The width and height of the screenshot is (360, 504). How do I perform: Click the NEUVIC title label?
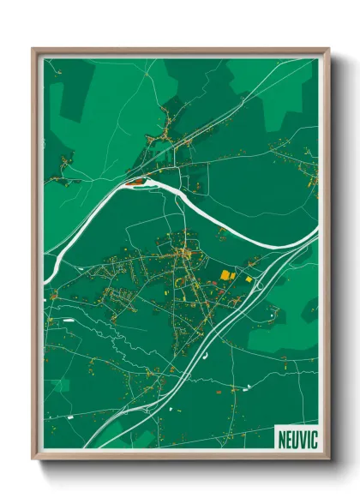(297, 439)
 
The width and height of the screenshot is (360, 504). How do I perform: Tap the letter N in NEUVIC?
(282, 439)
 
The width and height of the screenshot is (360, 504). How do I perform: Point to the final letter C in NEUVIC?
(314, 439)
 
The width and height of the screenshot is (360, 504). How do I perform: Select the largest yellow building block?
(226, 275)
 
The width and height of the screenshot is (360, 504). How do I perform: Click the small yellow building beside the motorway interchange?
(249, 278)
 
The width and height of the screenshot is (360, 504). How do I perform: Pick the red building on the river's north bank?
(135, 182)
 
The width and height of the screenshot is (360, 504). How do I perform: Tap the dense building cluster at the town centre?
(183, 254)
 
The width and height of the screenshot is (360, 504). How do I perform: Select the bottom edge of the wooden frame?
(180, 455)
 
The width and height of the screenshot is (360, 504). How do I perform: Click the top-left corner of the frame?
(35, 51)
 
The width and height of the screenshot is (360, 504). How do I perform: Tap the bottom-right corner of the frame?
(326, 456)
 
